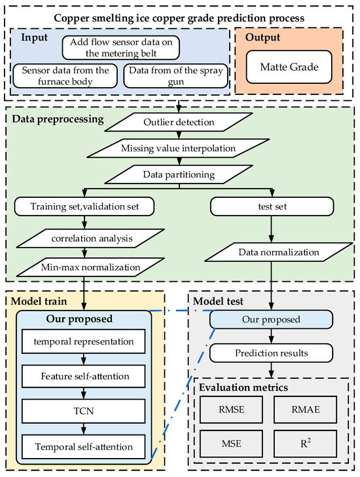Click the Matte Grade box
tap(289, 67)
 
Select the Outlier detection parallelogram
tap(179, 123)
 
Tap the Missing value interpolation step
tap(178, 149)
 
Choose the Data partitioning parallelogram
tap(179, 174)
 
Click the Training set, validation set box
tap(84, 206)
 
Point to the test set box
tap(272, 206)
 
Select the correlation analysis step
tap(90, 238)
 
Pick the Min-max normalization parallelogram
tap(90, 267)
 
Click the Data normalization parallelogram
tap(279, 252)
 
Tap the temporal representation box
tap(84, 341)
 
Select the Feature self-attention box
tap(84, 376)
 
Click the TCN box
tap(84, 411)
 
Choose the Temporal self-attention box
tap(84, 447)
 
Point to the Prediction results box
tap(271, 353)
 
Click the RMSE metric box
tap(231, 410)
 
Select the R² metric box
tap(305, 444)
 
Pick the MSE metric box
tap(231, 444)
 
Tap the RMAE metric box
tap(305, 410)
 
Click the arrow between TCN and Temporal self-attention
tap(84, 429)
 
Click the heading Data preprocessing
tap(58, 119)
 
